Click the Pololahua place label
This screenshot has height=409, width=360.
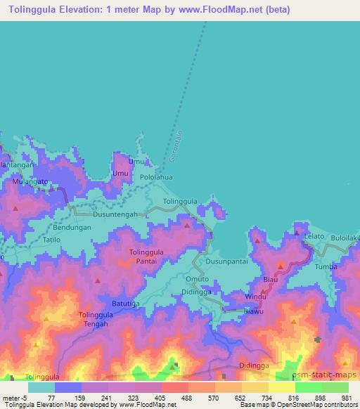tap(155, 178)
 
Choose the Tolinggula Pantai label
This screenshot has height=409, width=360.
tap(147, 257)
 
